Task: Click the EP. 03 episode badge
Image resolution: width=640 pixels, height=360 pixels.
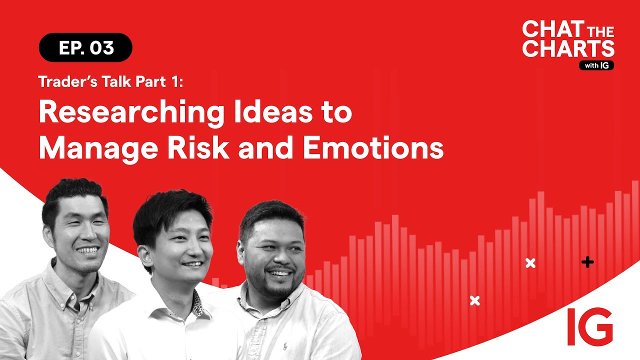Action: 85,47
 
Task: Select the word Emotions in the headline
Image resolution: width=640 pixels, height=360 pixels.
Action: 373,148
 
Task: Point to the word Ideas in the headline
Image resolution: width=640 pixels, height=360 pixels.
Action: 270,113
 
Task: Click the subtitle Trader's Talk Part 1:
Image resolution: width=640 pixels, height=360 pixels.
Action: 111,82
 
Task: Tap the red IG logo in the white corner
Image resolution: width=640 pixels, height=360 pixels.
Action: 589,326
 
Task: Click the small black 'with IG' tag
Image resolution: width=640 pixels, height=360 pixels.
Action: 596,65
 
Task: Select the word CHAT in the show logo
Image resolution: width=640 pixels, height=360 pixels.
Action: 547,29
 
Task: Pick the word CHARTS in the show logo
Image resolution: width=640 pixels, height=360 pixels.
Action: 568,48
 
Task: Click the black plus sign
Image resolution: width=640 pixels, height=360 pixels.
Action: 587,262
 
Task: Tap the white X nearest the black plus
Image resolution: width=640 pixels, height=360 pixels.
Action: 530,263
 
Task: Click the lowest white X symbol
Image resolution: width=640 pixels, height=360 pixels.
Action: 475,300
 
